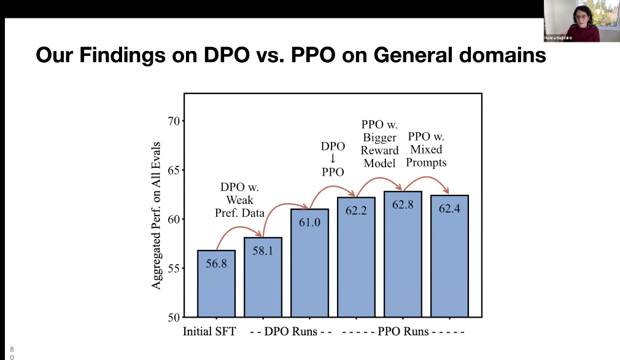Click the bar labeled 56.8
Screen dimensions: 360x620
tap(216, 283)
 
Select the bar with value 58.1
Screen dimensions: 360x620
tap(263, 277)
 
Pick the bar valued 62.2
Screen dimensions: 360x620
tap(356, 257)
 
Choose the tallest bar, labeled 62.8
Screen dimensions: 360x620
tap(403, 254)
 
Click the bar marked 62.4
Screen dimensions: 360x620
tap(449, 256)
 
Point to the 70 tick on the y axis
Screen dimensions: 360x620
tap(173, 121)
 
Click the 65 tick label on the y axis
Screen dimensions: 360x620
tap(173, 170)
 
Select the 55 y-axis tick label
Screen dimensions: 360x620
tap(173, 268)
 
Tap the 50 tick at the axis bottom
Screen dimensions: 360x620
tap(173, 318)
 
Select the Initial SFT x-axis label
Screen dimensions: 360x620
tap(209, 332)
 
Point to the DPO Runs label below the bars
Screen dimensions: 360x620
tap(291, 332)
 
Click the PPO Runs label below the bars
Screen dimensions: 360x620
tap(403, 332)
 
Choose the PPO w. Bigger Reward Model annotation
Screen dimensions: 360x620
tap(379, 144)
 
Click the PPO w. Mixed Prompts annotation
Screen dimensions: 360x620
tap(426, 149)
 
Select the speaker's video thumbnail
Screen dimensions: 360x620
tap(581, 21)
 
